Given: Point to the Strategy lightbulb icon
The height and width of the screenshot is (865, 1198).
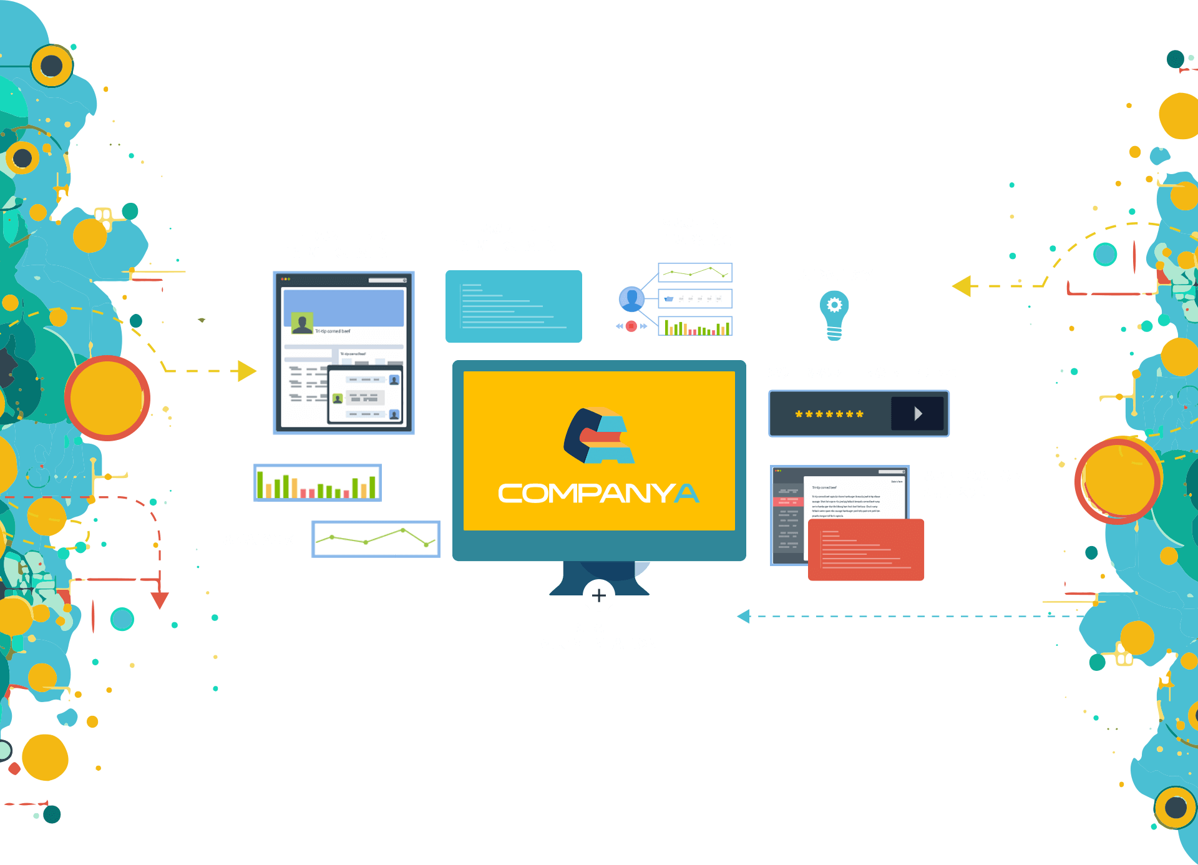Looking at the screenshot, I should pos(834,316).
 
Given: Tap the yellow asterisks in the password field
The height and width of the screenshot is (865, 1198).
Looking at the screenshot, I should pos(829,414).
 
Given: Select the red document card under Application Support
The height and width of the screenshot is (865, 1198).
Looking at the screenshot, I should pos(866,550).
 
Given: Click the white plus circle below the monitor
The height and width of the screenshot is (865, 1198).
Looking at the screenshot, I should pos(599,595).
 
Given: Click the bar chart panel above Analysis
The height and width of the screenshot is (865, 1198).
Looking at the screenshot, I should pos(318,482).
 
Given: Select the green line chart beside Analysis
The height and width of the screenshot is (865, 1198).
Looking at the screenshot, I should pos(376,539).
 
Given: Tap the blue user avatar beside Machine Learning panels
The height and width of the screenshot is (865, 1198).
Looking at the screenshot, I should pos(631,299).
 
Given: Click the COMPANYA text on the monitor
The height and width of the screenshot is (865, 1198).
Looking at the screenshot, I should pos(599,493).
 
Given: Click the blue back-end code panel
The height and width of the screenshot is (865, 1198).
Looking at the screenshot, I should pos(514,306).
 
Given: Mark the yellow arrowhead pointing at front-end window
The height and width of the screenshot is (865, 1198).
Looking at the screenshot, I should pos(247,371).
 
